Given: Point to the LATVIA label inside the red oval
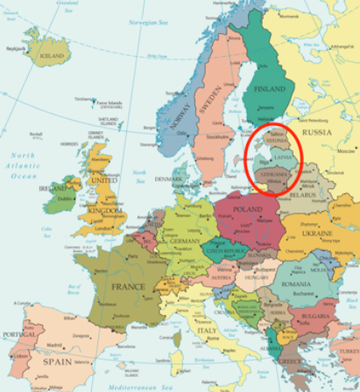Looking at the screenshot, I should pos(285,157).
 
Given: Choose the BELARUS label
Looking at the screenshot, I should pos(307,196).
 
